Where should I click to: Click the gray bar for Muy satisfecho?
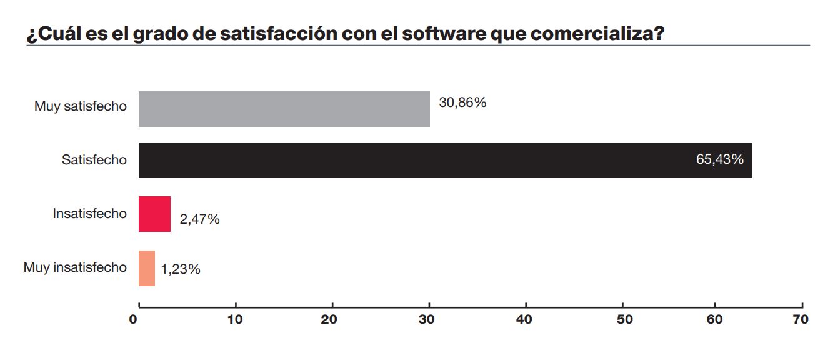[284, 109]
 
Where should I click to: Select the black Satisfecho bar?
[445, 160]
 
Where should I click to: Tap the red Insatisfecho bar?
[154, 214]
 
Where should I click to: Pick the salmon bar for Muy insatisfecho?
[146, 268]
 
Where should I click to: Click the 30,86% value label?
[462, 102]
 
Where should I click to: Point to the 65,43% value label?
[719, 159]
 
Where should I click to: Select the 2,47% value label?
[199, 219]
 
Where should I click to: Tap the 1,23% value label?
[181, 269]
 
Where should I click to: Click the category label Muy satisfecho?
[80, 106]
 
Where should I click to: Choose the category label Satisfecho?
[94, 160]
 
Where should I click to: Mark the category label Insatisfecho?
[89, 214]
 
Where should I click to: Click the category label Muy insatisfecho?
[75, 267]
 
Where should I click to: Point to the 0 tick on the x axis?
[134, 319]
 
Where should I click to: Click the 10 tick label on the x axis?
[235, 319]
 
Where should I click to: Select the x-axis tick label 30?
[428, 319]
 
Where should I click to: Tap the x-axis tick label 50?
[624, 319]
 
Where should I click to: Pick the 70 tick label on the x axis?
[800, 319]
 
